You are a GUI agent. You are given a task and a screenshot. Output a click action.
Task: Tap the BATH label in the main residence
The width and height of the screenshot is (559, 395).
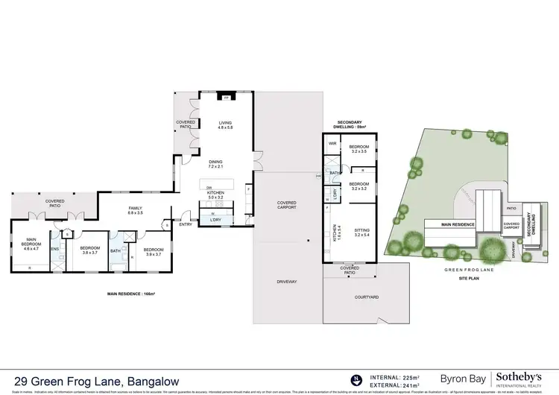point(115,251)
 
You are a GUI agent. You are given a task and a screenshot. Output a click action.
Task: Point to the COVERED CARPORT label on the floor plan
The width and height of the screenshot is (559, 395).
point(287,206)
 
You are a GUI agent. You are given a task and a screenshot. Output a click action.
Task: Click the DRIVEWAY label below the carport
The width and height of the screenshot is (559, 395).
point(287,282)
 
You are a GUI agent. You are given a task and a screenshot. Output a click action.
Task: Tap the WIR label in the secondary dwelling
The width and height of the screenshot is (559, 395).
point(333,143)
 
